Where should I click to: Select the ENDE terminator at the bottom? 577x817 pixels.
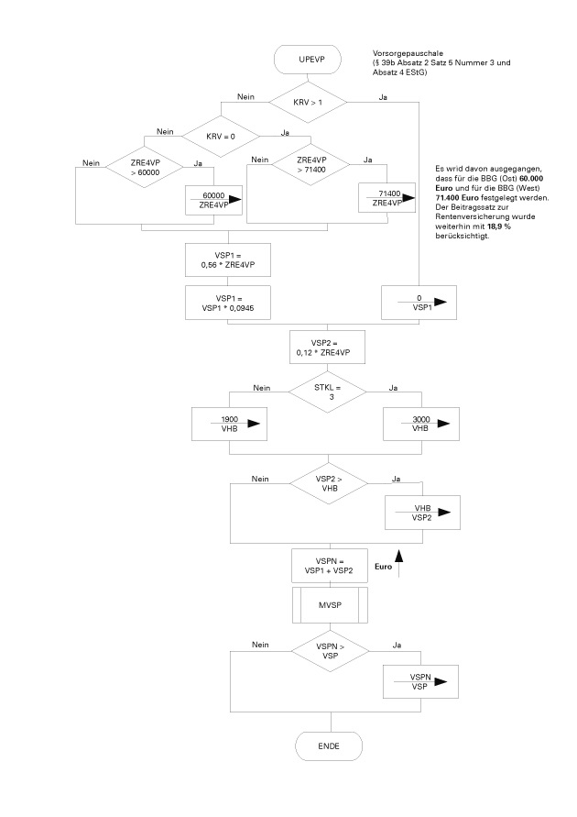coord(328,745)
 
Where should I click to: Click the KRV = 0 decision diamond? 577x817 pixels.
coord(221,136)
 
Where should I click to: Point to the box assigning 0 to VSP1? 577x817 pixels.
coord(419,303)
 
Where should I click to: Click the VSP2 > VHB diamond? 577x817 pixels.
coord(327,483)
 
